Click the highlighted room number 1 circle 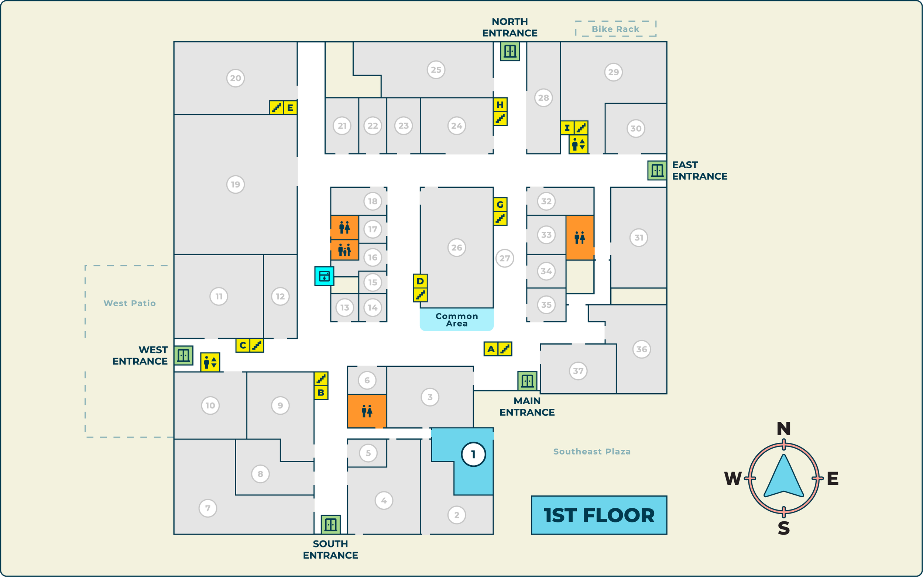click(473, 454)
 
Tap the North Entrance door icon click(510, 51)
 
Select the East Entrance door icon click(657, 170)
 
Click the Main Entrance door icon click(527, 381)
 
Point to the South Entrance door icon click(330, 524)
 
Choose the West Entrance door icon click(183, 355)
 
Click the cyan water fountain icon click(324, 276)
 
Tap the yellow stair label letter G click(500, 204)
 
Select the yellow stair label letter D click(420, 281)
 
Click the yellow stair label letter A click(491, 349)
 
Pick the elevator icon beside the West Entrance click(210, 362)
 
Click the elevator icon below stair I click(578, 144)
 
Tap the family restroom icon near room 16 click(344, 251)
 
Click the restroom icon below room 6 click(367, 411)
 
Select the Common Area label click(456, 320)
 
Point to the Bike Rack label click(615, 29)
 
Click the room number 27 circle click(504, 258)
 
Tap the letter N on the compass click(783, 429)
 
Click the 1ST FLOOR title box click(599, 515)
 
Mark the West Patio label click(130, 303)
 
